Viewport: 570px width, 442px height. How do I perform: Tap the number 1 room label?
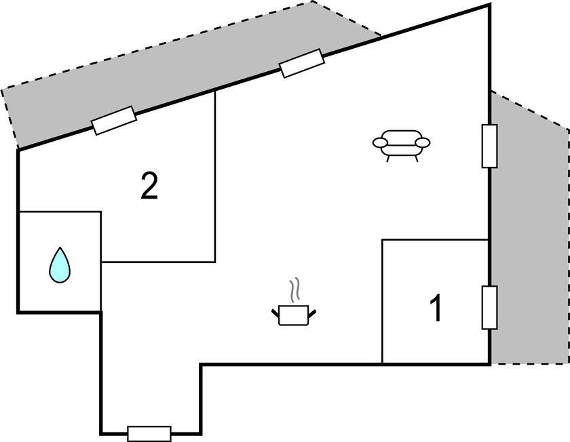tap(438, 308)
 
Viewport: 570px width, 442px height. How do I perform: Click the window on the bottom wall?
tap(149, 433)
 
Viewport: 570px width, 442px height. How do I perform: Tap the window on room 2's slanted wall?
tap(114, 121)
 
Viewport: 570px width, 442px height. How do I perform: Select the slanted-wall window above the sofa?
tap(302, 63)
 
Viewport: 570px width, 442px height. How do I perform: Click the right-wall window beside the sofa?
tap(489, 146)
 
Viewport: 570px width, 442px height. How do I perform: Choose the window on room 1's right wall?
tap(489, 307)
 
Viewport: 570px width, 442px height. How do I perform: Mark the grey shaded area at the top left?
tap(170, 68)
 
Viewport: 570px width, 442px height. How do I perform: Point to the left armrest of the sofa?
tap(380, 142)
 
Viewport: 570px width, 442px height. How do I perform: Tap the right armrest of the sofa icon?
tap(423, 142)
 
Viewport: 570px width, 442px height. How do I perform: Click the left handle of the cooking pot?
tap(275, 313)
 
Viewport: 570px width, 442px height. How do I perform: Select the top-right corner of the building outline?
tap(489, 5)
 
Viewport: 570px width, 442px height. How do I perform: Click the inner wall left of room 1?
tap(383, 302)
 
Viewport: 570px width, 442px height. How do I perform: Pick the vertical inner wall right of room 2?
tap(215, 176)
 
